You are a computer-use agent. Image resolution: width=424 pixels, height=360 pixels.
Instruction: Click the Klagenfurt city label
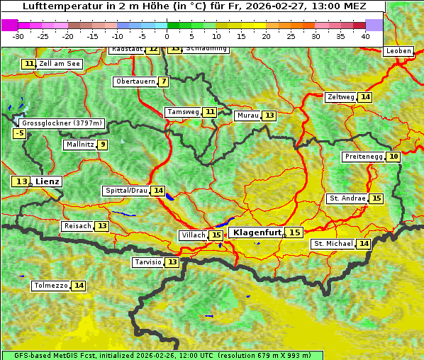pos(257,232)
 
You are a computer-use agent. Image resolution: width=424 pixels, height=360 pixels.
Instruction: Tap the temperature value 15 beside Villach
pos(216,235)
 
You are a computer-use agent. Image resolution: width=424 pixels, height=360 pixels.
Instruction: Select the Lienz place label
pos(48,181)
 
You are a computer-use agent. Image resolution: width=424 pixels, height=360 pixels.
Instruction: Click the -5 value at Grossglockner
pos(20,133)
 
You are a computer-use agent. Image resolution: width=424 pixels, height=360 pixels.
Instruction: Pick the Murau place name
pos(248,116)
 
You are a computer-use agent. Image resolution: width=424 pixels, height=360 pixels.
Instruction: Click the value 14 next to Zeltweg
pos(365,97)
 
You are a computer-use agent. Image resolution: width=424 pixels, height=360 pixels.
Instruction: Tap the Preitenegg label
pos(364,157)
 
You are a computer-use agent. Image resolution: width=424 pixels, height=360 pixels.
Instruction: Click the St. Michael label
pos(334,244)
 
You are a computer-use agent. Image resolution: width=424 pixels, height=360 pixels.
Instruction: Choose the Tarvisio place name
pos(148,262)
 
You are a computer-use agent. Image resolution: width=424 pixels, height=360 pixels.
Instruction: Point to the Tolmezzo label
pos(50,286)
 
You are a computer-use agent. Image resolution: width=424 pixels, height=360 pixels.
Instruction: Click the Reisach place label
pos(77,226)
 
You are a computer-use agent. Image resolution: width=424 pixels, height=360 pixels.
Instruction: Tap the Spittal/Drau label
pos(126,191)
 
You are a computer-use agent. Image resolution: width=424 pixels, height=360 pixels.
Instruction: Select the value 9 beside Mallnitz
pos(103,145)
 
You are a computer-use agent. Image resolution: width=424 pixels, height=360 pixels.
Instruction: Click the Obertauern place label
pos(135,81)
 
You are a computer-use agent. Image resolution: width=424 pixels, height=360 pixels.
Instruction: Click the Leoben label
pos(398,51)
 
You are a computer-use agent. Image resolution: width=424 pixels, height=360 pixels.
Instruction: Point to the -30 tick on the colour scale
pos(18,36)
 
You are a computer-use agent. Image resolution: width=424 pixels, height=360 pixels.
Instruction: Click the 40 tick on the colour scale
pos(365,36)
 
